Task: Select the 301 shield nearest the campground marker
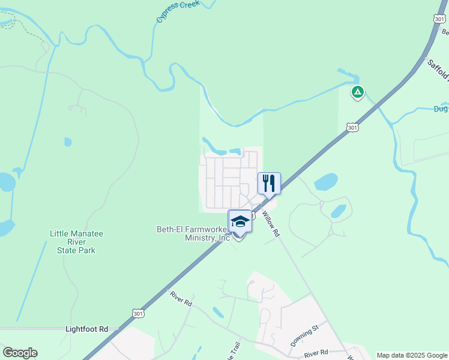352,127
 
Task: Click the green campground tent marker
358,92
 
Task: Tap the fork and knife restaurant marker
269,182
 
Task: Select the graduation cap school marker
240,221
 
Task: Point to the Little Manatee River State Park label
73,242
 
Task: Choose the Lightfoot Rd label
86,329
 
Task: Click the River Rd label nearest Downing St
316,353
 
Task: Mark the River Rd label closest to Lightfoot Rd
180,299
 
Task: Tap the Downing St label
304,337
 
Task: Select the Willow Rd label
271,221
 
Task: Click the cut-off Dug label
441,109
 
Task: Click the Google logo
20,353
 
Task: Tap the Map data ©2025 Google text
412,355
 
